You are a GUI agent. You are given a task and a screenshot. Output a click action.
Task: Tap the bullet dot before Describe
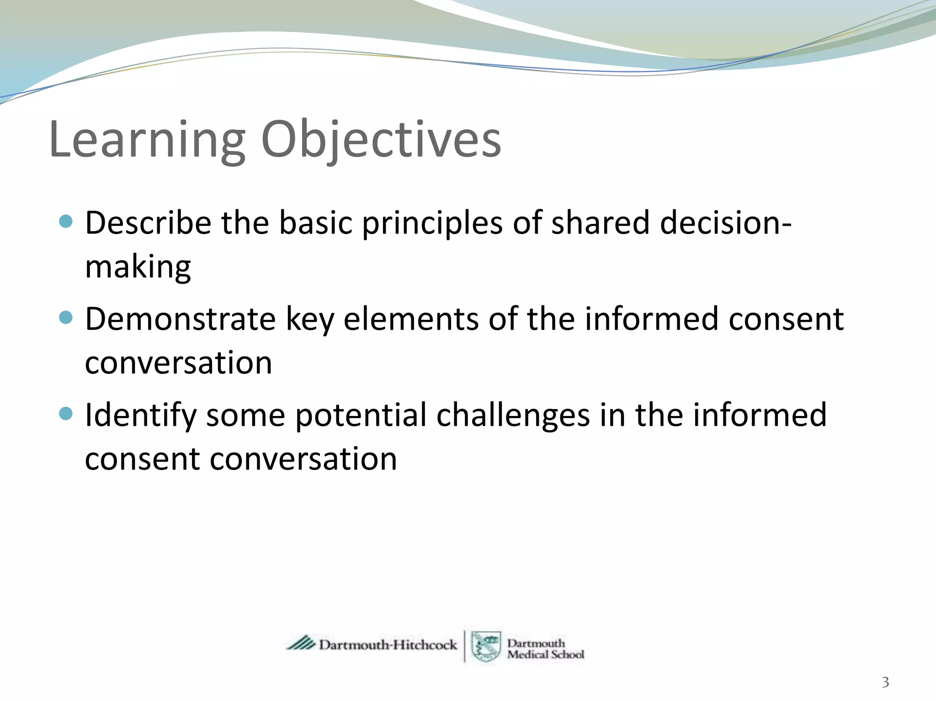[66, 222]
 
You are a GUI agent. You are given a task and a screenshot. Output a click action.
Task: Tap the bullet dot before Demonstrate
[66, 317]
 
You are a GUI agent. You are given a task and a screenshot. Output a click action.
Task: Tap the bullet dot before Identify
[66, 414]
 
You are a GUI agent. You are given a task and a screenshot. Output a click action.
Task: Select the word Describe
[148, 223]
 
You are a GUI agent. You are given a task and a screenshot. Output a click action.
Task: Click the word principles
[432, 224]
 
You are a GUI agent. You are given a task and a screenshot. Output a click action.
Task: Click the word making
[138, 267]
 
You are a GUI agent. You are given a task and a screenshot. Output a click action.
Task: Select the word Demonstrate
[180, 319]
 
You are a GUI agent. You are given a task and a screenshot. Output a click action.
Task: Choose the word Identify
[141, 416]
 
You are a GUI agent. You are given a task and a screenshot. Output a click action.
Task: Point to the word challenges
[513, 416]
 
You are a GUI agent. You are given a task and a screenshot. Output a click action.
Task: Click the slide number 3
[885, 682]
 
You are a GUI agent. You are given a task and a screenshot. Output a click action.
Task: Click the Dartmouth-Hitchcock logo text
[388, 645]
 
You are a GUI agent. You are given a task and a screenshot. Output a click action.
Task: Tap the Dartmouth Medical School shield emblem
[486, 646]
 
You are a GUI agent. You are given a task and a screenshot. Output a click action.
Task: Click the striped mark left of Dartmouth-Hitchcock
[301, 643]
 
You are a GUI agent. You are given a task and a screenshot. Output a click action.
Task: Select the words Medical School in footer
[545, 655]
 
